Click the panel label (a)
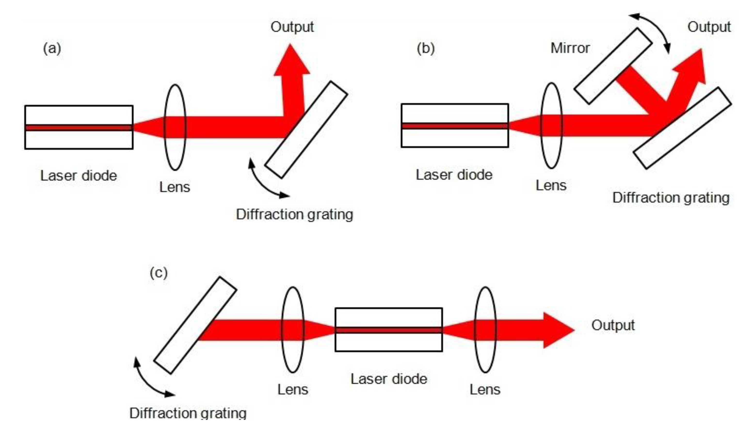(x=52, y=48)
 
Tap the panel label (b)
(x=426, y=48)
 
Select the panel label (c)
(x=158, y=273)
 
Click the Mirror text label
(x=570, y=48)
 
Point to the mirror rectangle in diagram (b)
(x=613, y=66)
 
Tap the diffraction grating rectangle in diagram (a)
(x=306, y=130)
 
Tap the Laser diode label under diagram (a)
(x=79, y=176)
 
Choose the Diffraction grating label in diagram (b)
(x=671, y=197)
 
